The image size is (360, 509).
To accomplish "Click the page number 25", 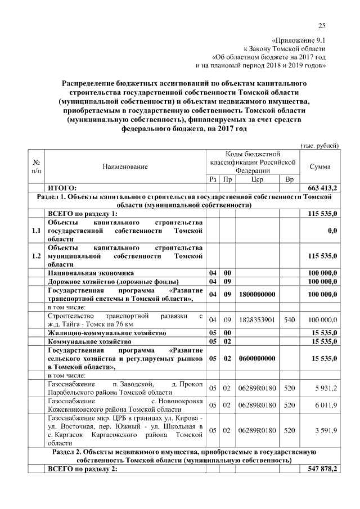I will (x=322, y=25).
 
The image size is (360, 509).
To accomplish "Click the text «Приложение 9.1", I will (x=298, y=40).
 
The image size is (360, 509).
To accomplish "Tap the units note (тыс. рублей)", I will (x=320, y=145).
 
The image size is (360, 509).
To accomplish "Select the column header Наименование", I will (x=125, y=166).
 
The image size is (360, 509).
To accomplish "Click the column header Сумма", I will (x=320, y=166).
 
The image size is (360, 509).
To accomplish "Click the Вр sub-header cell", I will (x=290, y=179).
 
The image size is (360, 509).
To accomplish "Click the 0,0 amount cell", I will (x=332, y=231).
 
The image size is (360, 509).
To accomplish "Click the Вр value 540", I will (x=290, y=320).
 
